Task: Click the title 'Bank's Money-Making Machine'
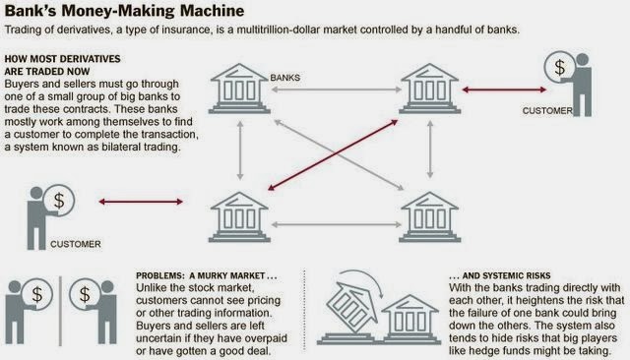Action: click(x=124, y=11)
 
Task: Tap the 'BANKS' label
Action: click(x=284, y=78)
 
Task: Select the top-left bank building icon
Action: click(x=239, y=89)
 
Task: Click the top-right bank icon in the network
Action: click(x=429, y=89)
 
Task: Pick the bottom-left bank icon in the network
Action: click(x=239, y=216)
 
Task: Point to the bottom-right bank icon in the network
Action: click(x=429, y=216)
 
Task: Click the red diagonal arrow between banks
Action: click(x=333, y=154)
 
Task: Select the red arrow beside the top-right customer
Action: click(x=504, y=90)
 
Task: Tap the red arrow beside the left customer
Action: click(x=141, y=202)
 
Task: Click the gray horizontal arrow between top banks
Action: click(x=337, y=90)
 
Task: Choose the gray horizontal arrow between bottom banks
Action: click(x=337, y=224)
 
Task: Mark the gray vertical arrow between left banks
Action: click(x=240, y=150)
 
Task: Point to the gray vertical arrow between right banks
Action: click(x=430, y=150)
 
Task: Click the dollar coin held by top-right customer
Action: click(x=560, y=68)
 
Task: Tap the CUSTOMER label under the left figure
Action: click(x=76, y=244)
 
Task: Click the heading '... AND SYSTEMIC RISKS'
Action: click(x=499, y=275)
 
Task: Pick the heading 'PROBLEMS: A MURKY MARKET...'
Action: click(x=207, y=275)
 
